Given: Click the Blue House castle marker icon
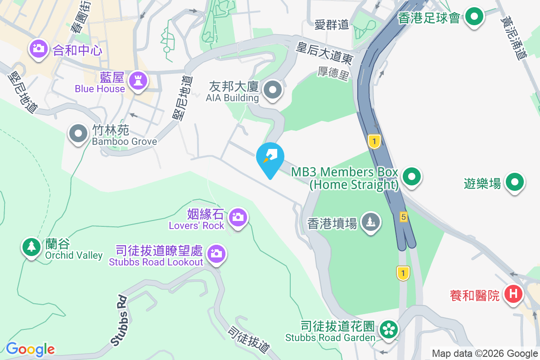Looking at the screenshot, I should coord(138,81).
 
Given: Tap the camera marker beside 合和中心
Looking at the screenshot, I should coord(39,48).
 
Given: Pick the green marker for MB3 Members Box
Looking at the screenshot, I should coord(411,177).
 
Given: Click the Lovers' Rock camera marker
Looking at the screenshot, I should coord(237,217).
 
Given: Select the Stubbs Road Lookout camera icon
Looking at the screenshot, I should coord(216,253).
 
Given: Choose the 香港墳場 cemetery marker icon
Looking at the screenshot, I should coord(370,221).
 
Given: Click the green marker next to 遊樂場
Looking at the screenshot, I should coord(515,182).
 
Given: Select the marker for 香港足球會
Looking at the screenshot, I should coord(474,17).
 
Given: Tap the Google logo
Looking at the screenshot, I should coord(30,349).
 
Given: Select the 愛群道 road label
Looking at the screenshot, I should coord(332,25).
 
